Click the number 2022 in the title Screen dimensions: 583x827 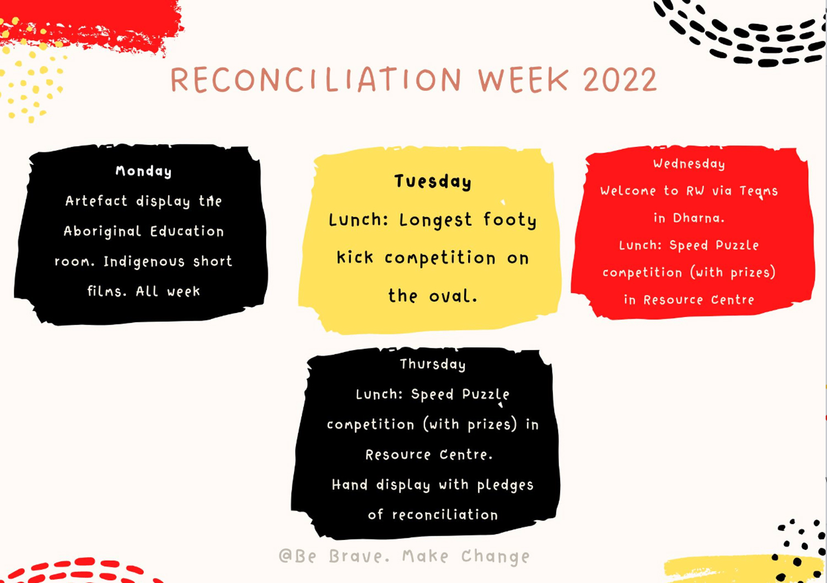coord(620,80)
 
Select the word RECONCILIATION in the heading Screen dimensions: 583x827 coord(316,80)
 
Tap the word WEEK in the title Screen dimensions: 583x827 coord(523,80)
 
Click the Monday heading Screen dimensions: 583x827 coord(143,171)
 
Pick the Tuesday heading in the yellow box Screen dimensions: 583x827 coord(433,181)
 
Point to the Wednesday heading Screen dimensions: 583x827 coord(689,164)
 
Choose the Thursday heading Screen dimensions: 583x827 coord(433,364)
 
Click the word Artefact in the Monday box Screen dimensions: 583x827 coord(96,201)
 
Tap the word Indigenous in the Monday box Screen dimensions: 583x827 coord(144,261)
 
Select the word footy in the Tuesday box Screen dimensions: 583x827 coord(510,220)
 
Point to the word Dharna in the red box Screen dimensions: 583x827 coord(698,218)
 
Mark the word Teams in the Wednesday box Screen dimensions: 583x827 coord(759,191)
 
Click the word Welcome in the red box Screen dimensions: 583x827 coord(628,191)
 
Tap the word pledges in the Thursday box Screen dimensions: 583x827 coord(505,485)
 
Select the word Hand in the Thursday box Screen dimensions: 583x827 coord(350,485)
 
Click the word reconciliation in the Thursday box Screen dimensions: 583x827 coord(445,515)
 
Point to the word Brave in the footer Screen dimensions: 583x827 coord(359,557)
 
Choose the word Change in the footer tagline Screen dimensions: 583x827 coord(495,557)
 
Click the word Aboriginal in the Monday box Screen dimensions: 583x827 coord(103,231)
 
